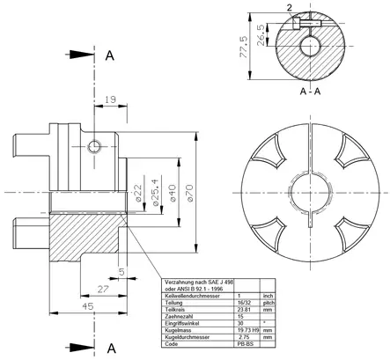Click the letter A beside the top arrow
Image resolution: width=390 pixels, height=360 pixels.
(x=110, y=55)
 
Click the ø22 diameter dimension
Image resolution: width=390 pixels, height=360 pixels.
(x=138, y=192)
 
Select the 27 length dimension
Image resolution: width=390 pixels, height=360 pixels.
(x=102, y=288)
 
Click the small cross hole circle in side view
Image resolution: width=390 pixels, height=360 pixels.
(x=95, y=145)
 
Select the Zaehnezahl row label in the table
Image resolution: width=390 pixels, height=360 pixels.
(x=182, y=316)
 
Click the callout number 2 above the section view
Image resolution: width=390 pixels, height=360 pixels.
(x=290, y=6)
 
